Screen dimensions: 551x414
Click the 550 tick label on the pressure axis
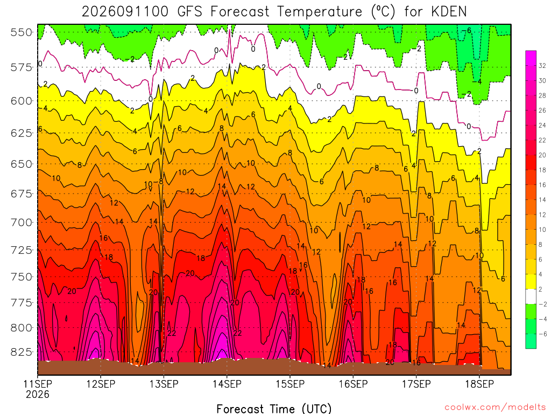point(22,32)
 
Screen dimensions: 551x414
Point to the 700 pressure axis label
point(22,223)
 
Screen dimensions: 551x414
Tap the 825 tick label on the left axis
point(22,352)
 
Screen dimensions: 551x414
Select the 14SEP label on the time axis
point(227,384)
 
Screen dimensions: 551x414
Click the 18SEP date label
point(479,384)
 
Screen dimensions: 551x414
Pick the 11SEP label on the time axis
point(38,384)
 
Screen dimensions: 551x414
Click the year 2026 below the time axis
point(38,394)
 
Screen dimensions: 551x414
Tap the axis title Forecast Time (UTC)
point(274,409)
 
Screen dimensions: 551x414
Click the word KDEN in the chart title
point(449,12)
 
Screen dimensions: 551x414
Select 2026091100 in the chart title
point(125,12)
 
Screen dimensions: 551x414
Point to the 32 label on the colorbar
point(542,66)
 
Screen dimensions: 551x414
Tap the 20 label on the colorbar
point(542,155)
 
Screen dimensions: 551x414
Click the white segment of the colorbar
point(531,296)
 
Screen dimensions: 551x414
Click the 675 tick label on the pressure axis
point(22,194)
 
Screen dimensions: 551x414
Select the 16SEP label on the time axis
point(353,384)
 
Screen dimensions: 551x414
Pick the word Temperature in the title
point(320,12)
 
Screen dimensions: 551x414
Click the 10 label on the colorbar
point(542,230)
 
